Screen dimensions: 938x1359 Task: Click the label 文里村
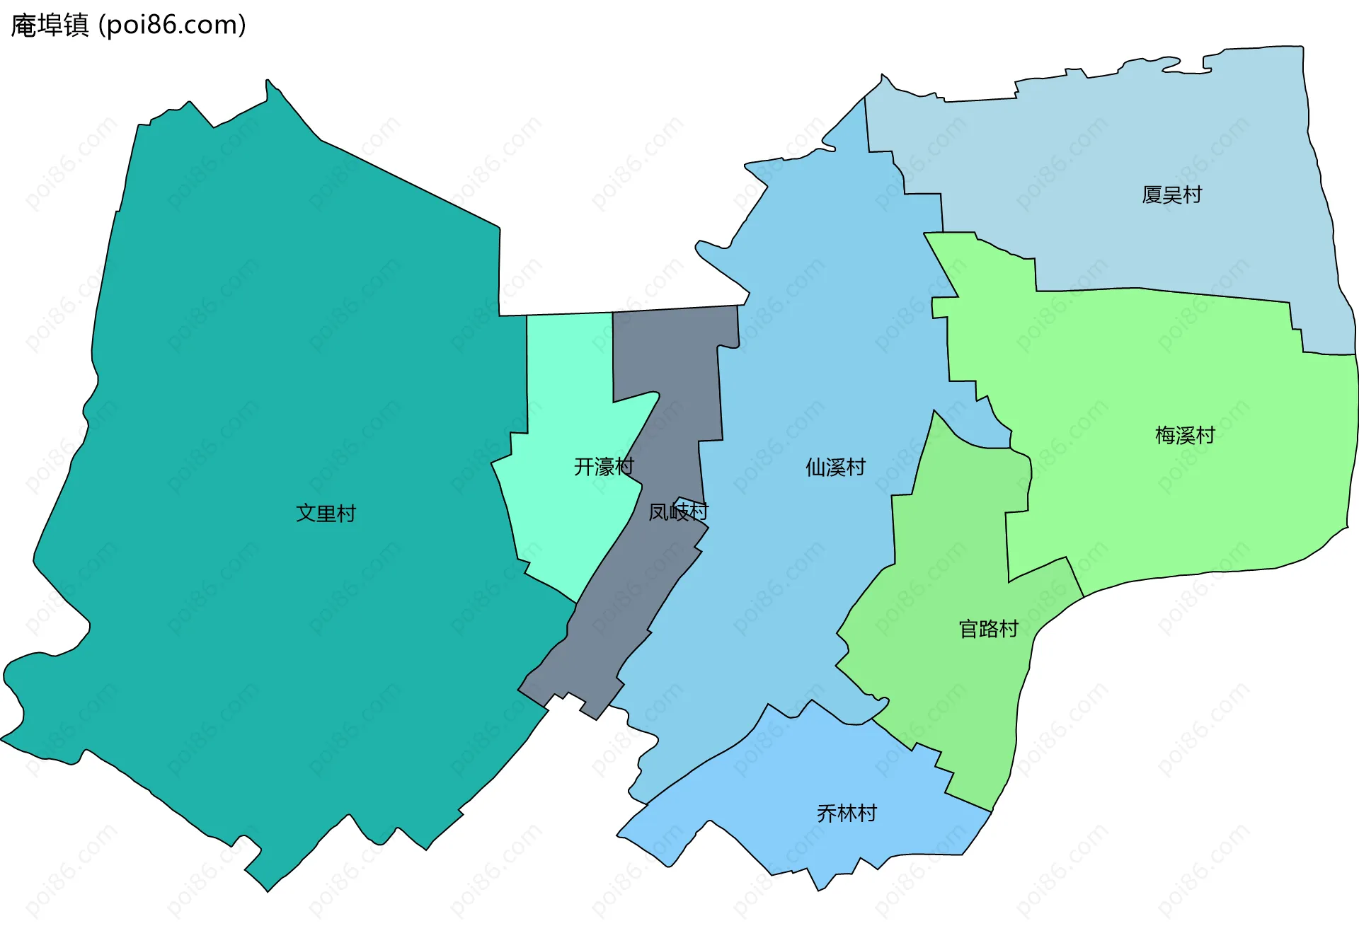(x=326, y=513)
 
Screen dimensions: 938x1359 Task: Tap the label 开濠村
(x=603, y=466)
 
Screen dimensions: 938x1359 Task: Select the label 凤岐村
(x=678, y=511)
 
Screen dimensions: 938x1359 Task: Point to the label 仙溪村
(x=835, y=467)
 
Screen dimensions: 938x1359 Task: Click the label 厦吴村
(x=1171, y=195)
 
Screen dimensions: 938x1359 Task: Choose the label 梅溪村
(x=1184, y=434)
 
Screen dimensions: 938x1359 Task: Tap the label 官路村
(x=988, y=628)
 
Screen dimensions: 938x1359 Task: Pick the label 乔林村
(x=847, y=813)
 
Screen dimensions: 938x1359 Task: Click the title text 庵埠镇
(x=50, y=25)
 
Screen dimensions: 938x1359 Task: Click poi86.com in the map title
(x=172, y=25)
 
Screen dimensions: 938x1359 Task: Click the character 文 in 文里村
(x=306, y=513)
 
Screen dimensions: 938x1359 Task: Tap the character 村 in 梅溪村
(x=1205, y=434)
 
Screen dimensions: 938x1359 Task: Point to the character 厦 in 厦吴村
(x=1152, y=195)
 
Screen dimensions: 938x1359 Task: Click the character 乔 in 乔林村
(x=827, y=813)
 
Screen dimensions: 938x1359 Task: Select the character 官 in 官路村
(x=968, y=628)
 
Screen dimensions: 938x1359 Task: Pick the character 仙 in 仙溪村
(x=815, y=467)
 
